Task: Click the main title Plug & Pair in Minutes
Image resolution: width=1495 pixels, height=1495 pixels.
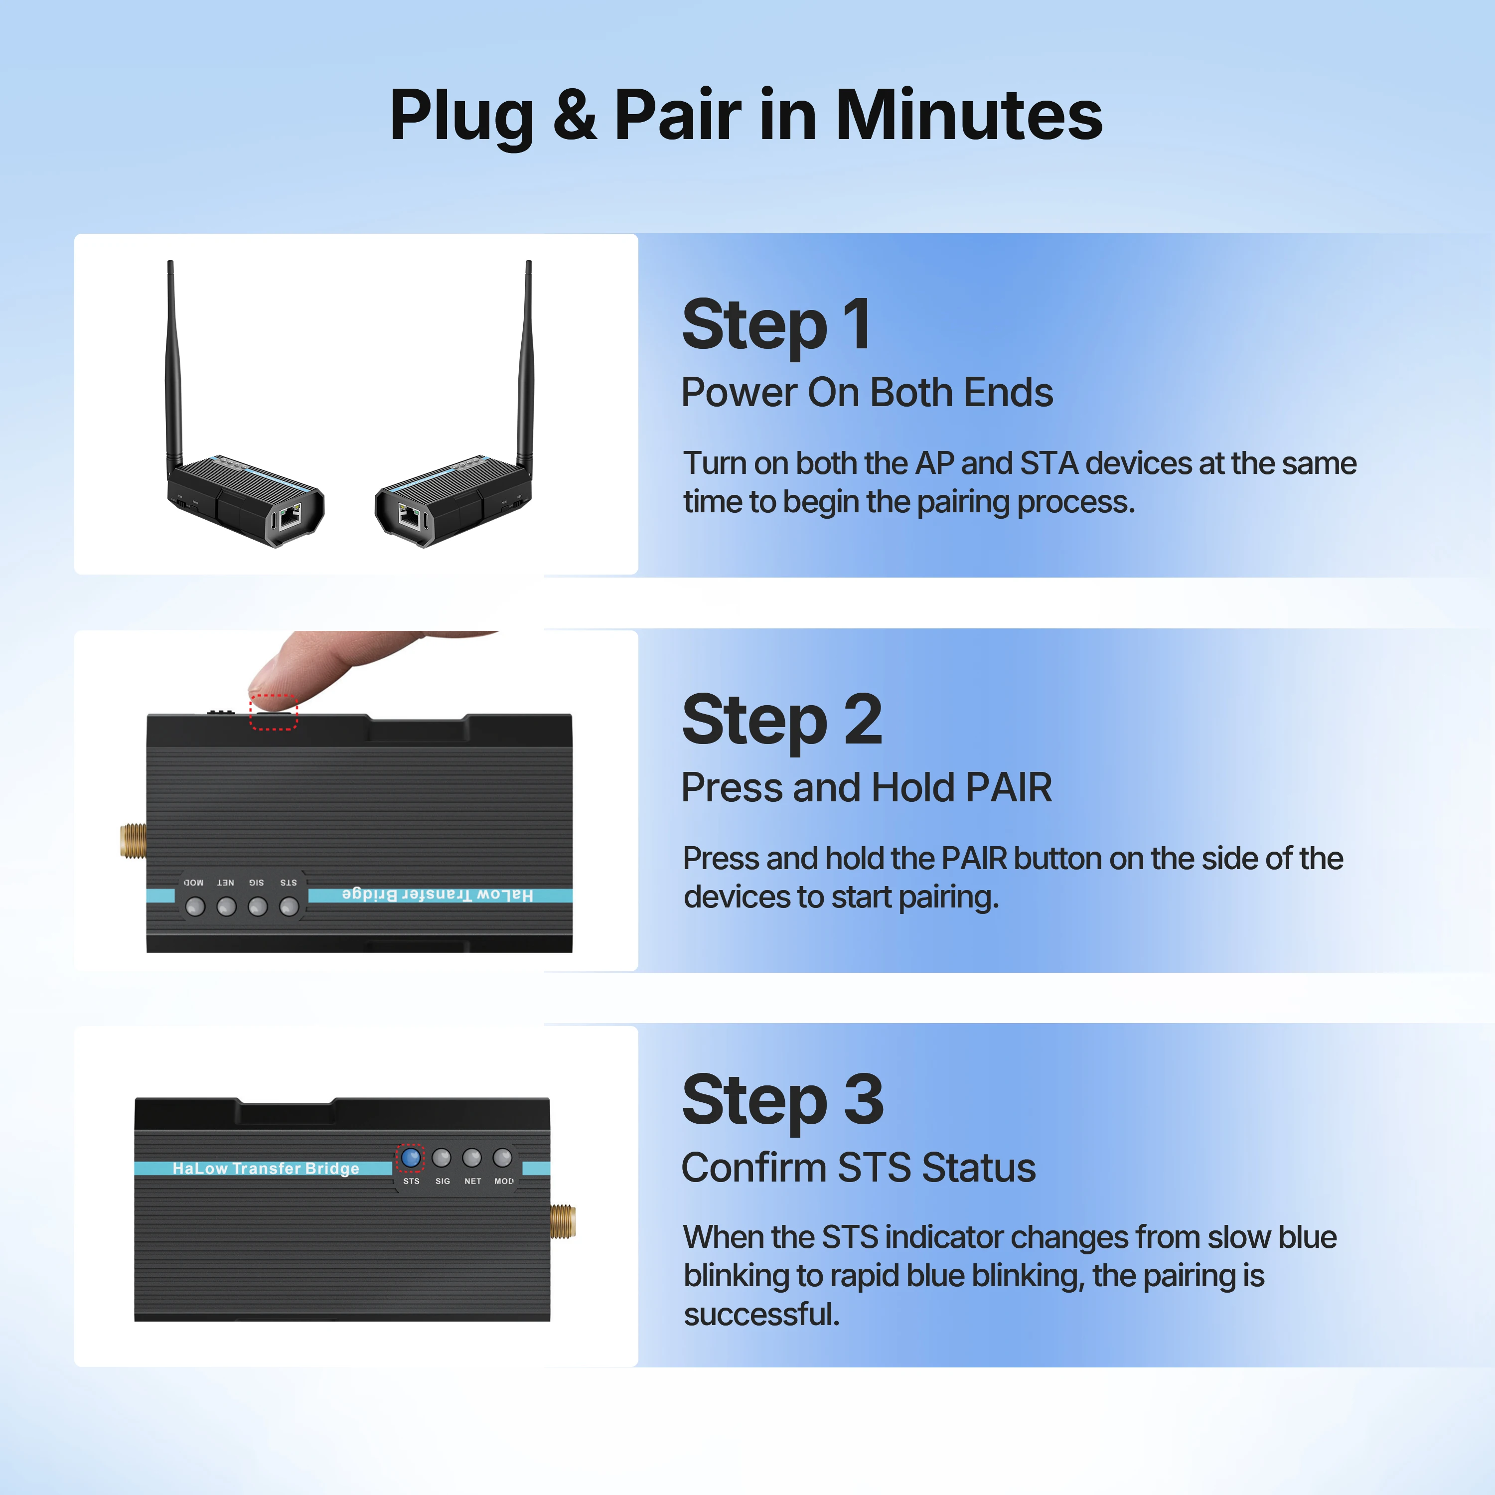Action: (746, 116)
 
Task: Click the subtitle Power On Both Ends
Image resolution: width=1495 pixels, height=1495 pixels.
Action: (867, 392)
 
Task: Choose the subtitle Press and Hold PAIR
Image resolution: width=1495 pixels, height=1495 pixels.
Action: (867, 788)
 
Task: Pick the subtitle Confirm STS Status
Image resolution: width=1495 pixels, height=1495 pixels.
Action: (858, 1168)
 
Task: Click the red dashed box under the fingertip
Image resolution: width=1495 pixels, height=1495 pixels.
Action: (273, 712)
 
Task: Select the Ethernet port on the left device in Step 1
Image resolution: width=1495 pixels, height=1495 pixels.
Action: (290, 516)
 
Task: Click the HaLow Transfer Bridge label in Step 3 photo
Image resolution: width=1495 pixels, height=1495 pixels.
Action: (266, 1169)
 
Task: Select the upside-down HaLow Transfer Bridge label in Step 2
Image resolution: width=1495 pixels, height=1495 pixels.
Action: (437, 896)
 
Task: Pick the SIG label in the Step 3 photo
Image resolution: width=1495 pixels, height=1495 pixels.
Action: (443, 1182)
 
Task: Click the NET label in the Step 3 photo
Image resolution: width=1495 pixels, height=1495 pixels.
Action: (473, 1182)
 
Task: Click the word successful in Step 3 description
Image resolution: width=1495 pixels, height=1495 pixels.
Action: (761, 1315)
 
